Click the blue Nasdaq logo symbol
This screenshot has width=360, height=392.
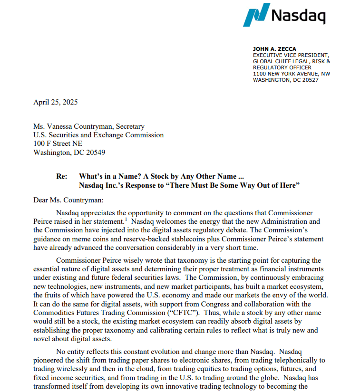coord(256,15)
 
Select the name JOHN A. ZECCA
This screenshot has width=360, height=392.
coord(274,49)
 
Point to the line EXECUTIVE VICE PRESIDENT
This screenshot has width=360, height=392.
coord(291,56)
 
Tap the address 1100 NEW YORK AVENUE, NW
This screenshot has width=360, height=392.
coord(291,74)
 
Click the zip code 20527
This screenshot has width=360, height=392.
coord(310,80)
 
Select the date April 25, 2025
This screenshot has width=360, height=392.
coord(55,102)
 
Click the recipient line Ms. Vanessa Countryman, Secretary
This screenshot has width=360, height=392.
coord(88,127)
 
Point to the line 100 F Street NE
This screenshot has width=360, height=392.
coord(58,144)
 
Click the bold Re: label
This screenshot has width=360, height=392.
coord(62,176)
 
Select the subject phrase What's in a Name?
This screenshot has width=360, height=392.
coord(109,176)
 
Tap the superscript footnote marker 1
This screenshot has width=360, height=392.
coord(126,219)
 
